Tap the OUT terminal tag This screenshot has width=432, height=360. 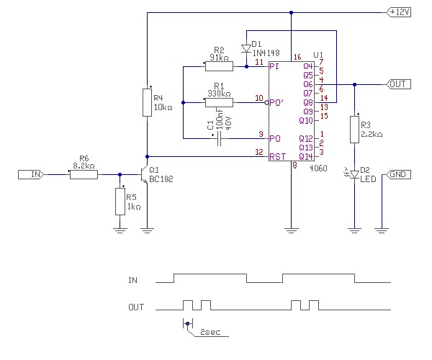[397, 84]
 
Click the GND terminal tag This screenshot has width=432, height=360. [398, 174]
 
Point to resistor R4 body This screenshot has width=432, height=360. [147, 103]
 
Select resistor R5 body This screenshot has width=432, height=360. [120, 201]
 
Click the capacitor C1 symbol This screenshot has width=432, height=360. [219, 138]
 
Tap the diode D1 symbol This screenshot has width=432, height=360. [246, 49]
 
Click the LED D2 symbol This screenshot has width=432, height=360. [354, 174]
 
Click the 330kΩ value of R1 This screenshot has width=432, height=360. [219, 94]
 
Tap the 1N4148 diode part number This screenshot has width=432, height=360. [267, 53]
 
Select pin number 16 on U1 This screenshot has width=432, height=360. [297, 57]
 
